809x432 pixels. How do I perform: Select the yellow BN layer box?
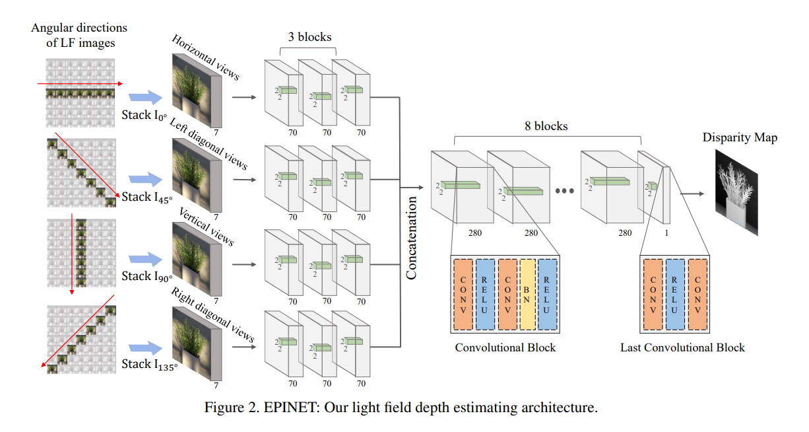(x=527, y=295)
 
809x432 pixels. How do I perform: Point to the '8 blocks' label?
(x=546, y=126)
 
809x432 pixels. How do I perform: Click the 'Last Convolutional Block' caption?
(x=682, y=347)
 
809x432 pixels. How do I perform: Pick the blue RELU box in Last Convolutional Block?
(x=675, y=295)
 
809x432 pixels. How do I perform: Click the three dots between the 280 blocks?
(x=564, y=191)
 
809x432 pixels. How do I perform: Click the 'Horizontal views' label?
(x=205, y=57)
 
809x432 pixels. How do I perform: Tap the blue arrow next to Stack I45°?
(x=146, y=178)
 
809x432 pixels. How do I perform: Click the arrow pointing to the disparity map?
(x=692, y=194)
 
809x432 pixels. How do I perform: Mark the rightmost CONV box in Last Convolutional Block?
(x=697, y=295)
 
